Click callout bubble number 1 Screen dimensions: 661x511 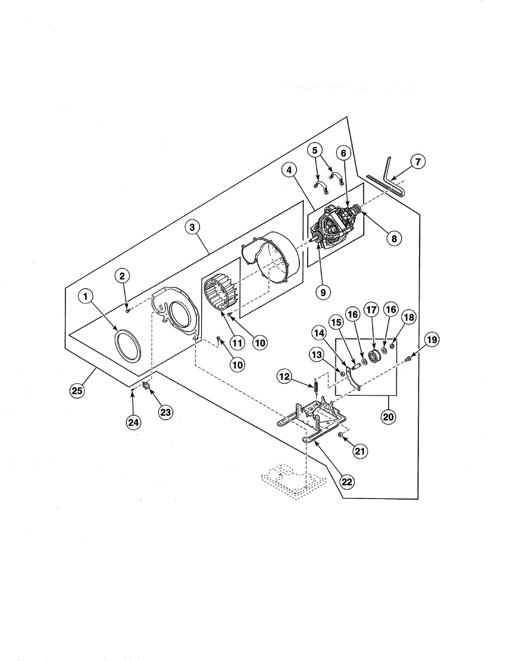[85, 297]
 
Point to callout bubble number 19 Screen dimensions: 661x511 [432, 340]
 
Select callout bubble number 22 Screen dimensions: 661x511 [346, 481]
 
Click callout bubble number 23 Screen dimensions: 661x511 [165, 411]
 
